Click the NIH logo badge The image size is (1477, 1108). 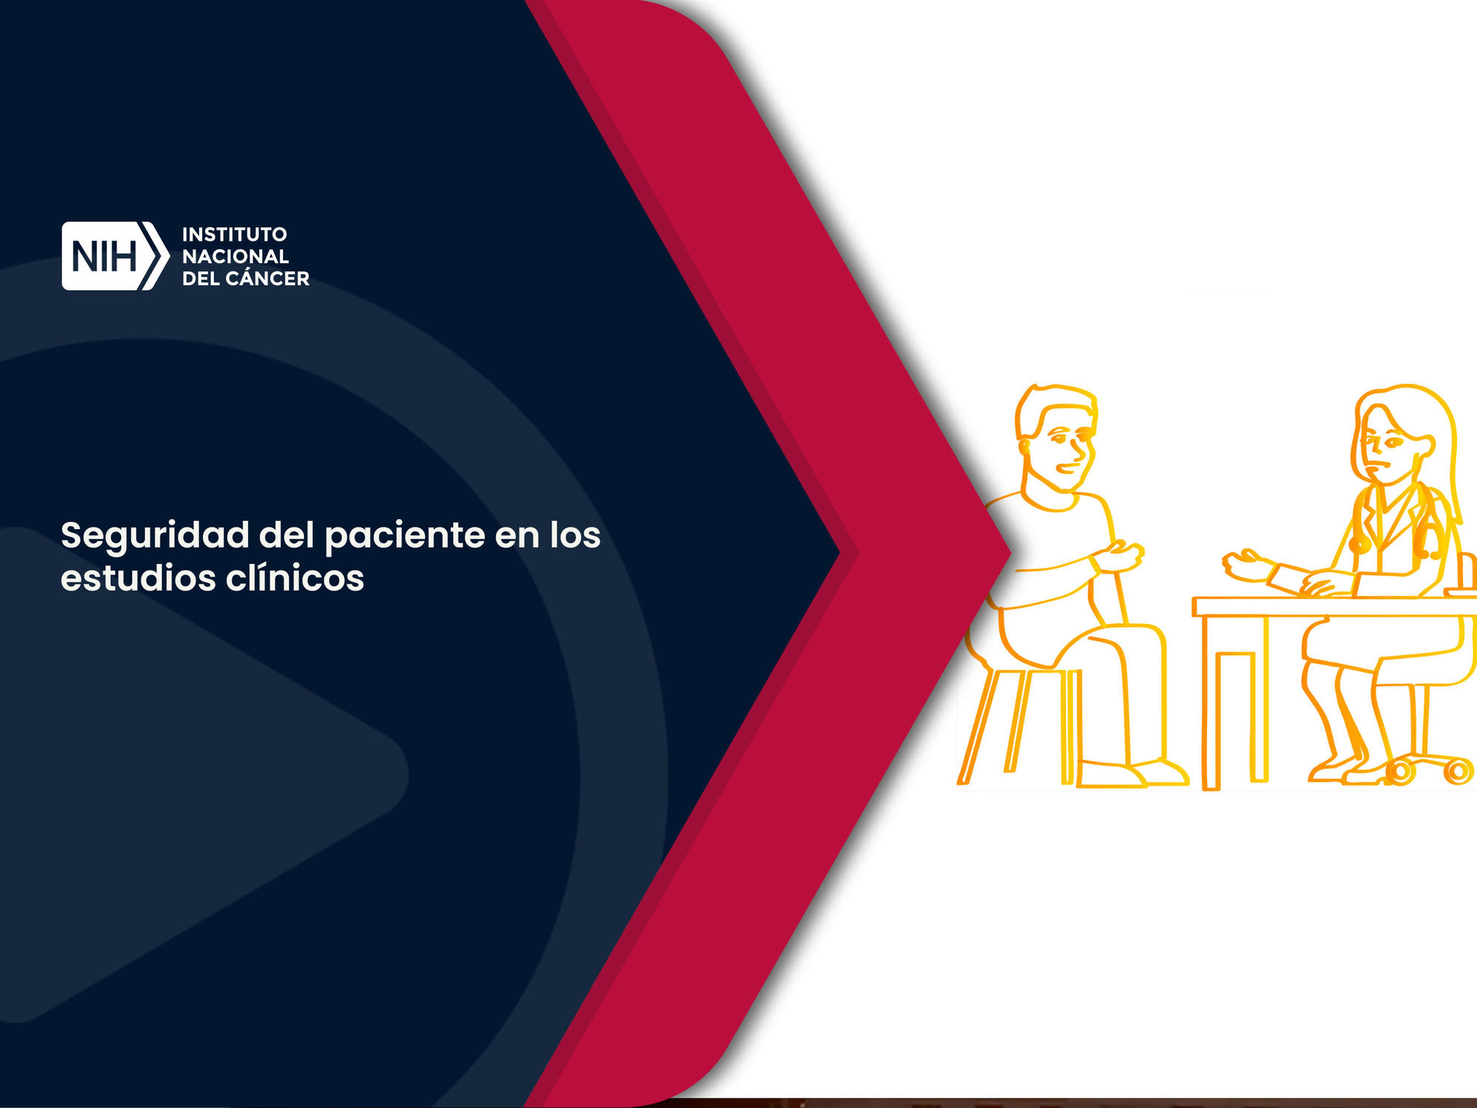[115, 256]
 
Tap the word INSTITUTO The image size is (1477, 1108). [235, 234]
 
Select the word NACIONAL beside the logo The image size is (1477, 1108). [236, 256]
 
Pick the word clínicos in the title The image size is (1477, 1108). [295, 578]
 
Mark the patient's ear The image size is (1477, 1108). [1025, 446]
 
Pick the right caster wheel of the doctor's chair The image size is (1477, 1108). [1458, 771]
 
